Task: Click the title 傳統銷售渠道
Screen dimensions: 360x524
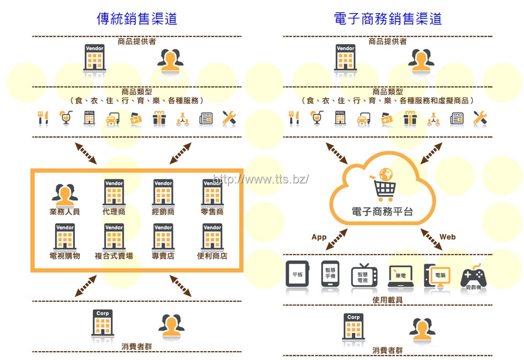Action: (137, 18)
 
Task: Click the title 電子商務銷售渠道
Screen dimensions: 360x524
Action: (388, 18)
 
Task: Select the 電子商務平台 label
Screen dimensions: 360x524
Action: (382, 212)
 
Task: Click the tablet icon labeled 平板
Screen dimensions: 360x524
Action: (297, 274)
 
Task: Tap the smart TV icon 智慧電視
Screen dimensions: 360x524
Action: (363, 275)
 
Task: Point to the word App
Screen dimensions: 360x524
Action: (319, 237)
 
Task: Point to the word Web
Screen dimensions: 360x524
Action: (447, 237)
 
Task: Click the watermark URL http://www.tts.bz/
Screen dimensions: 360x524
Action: (261, 179)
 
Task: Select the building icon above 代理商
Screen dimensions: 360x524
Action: (114, 192)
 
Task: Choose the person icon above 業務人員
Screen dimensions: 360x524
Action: (64, 194)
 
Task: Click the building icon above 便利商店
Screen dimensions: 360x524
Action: (212, 237)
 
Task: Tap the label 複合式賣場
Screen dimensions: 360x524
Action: (114, 256)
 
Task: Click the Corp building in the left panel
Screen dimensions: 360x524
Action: (103, 323)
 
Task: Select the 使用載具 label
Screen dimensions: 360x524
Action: (388, 300)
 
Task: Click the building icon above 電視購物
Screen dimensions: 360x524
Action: (64, 237)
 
